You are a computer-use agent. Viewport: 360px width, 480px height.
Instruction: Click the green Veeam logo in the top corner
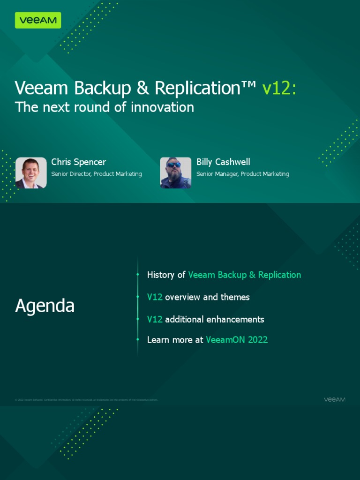pyautogui.click(x=38, y=20)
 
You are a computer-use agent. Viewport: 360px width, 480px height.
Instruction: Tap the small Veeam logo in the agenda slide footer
pyautogui.click(x=335, y=399)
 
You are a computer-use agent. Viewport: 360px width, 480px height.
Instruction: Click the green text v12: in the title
pyautogui.click(x=279, y=88)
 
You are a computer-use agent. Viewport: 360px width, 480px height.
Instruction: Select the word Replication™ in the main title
pyautogui.click(x=205, y=88)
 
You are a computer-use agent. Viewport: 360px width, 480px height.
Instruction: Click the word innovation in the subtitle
pyautogui.click(x=162, y=107)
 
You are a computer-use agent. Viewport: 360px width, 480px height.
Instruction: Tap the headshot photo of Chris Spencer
pyautogui.click(x=31, y=172)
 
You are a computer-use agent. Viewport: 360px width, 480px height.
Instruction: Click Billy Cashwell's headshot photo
pyautogui.click(x=176, y=172)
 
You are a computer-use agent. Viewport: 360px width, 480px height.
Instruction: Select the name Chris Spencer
pyautogui.click(x=79, y=162)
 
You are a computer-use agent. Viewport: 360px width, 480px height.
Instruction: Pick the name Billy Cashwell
pyautogui.click(x=223, y=162)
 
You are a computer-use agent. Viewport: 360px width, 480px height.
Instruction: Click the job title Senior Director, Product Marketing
pyautogui.click(x=97, y=174)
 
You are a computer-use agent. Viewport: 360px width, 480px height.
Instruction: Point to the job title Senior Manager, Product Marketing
pyautogui.click(x=242, y=174)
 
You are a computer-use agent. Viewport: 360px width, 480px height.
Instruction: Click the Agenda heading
pyautogui.click(x=45, y=306)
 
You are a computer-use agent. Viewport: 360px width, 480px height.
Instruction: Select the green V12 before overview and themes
pyautogui.click(x=155, y=297)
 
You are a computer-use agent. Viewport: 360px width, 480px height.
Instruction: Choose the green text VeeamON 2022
pyautogui.click(x=237, y=340)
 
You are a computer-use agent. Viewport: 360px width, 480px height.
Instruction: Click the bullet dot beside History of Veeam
pyautogui.click(x=138, y=275)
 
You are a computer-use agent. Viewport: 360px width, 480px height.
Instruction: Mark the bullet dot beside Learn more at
pyautogui.click(x=138, y=339)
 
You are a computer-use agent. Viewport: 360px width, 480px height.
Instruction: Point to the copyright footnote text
pyautogui.click(x=86, y=400)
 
